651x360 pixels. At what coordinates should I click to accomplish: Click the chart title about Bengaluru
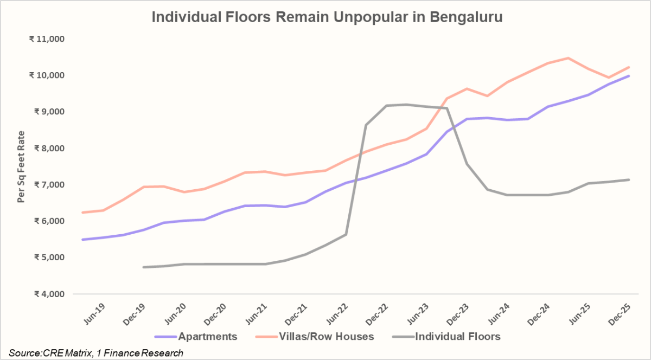[327, 17]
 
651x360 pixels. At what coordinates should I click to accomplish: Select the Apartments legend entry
[196, 336]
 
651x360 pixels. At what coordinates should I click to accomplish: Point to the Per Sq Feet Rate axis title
[22, 166]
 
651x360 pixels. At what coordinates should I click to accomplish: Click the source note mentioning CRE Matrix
[96, 353]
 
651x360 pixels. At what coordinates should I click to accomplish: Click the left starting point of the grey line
[144, 267]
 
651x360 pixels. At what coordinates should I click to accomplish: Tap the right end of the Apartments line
[629, 76]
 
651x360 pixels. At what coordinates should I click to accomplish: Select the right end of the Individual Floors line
[629, 179]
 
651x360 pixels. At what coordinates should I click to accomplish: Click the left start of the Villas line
[82, 213]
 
